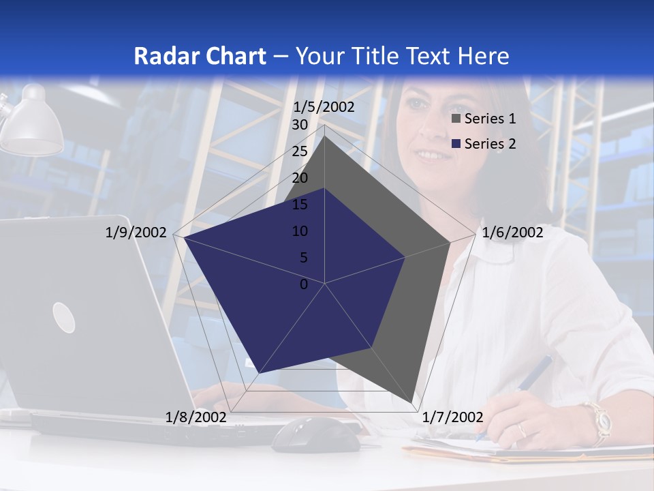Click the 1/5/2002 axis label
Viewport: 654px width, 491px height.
pyautogui.click(x=324, y=107)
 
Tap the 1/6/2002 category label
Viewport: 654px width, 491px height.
pyautogui.click(x=512, y=233)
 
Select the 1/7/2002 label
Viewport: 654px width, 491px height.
pyautogui.click(x=453, y=417)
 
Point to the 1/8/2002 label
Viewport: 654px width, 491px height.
pyautogui.click(x=196, y=417)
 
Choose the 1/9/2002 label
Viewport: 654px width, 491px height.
pyautogui.click(x=136, y=233)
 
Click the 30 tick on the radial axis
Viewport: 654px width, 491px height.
pyautogui.click(x=300, y=125)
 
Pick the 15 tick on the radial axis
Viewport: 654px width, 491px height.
pyautogui.click(x=300, y=205)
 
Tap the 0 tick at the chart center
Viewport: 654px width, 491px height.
pyautogui.click(x=304, y=284)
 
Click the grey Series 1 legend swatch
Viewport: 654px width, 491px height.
pyautogui.click(x=457, y=119)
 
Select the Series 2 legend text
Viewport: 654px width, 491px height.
pyautogui.click(x=490, y=144)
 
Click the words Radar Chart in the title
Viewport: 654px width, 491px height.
pyautogui.click(x=200, y=56)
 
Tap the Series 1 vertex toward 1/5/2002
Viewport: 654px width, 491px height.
pyautogui.click(x=325, y=136)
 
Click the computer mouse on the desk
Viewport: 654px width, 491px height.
pyautogui.click(x=316, y=434)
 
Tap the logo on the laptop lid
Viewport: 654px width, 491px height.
pyautogui.click(x=63, y=318)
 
